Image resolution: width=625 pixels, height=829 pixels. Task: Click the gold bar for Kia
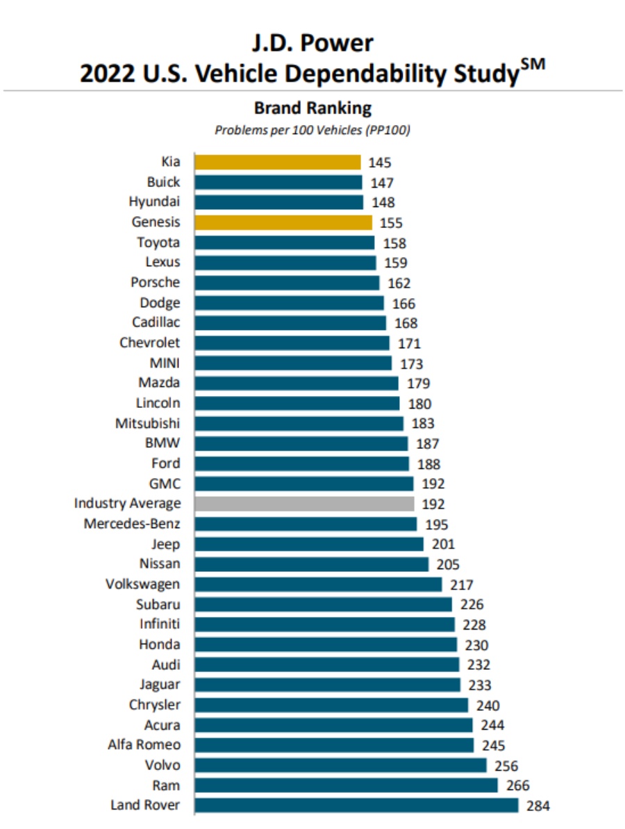tap(278, 162)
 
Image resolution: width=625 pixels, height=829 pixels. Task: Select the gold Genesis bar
tap(283, 222)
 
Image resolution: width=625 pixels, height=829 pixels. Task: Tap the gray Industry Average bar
tap(304, 504)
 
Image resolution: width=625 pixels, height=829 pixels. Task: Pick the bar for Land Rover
tap(356, 805)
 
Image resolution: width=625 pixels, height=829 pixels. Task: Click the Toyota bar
tap(284, 243)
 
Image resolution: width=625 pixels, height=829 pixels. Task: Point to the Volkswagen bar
tap(318, 584)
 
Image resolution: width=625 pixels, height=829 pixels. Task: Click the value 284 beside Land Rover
tap(538, 806)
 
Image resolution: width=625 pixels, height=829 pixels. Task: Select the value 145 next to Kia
tap(380, 163)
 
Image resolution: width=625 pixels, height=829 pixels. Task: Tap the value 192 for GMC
tap(433, 484)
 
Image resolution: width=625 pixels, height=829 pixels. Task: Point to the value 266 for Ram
tap(517, 786)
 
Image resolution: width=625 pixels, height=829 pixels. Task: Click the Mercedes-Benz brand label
tap(132, 524)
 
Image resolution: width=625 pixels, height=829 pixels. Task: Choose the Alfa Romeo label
tap(144, 745)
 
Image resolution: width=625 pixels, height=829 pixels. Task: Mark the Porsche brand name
tap(155, 282)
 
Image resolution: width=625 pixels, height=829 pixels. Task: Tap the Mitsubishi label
tap(147, 423)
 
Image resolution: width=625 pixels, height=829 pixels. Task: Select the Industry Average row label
tap(127, 503)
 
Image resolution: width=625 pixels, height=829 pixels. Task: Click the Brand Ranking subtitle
tap(312, 108)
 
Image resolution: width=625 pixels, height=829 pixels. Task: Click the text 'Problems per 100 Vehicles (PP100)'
tap(312, 130)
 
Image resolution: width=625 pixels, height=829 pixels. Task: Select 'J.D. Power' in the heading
tap(312, 43)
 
